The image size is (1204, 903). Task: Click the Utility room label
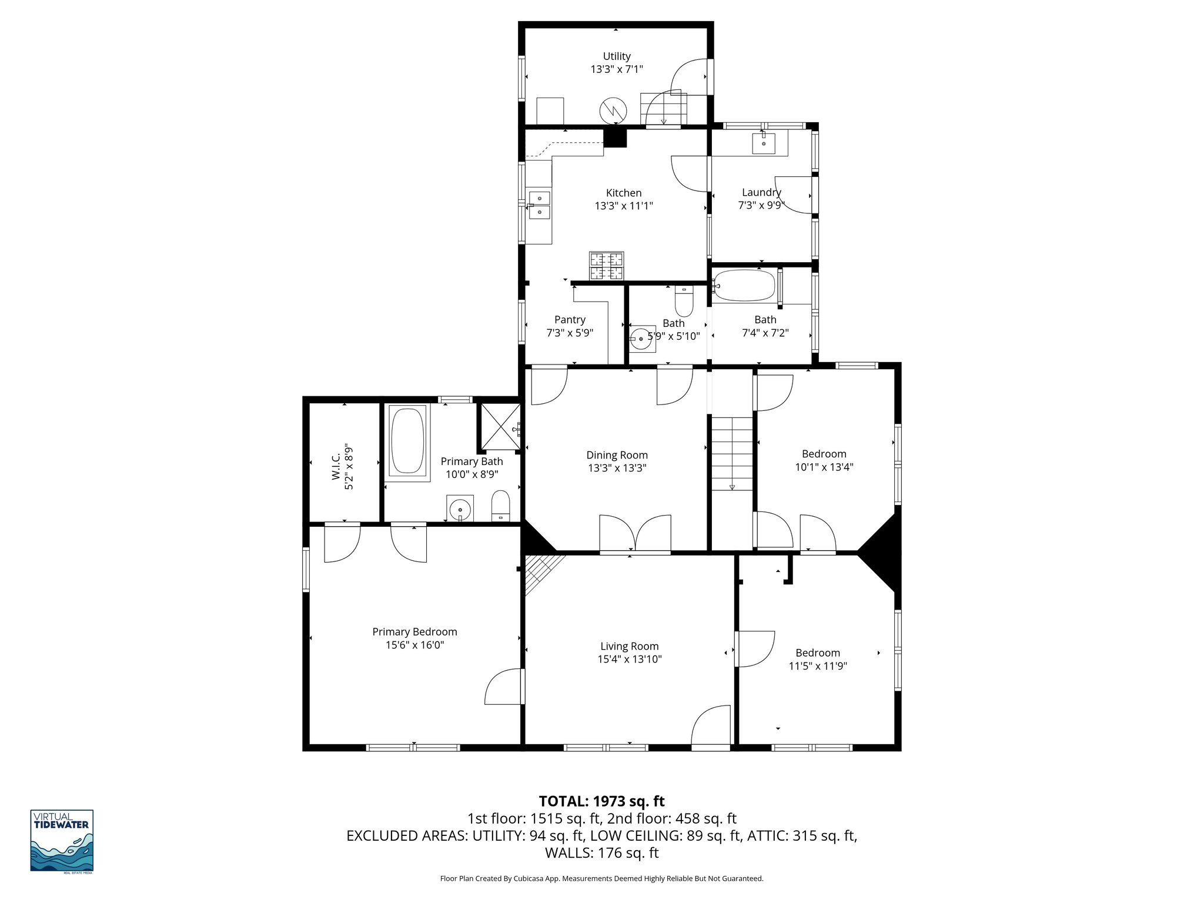(x=617, y=56)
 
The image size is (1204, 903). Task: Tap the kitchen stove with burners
(x=606, y=266)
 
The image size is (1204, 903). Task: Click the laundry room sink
(x=764, y=143)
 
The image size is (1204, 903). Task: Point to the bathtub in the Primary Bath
(x=407, y=441)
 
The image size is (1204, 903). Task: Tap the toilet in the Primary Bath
(x=500, y=506)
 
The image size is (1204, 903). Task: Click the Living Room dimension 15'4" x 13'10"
(x=630, y=659)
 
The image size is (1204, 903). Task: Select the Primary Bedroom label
(x=414, y=631)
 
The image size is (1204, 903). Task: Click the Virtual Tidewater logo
(x=62, y=841)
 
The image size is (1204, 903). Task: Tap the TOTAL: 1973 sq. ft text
(x=601, y=801)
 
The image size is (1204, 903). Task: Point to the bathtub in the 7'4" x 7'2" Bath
(x=744, y=286)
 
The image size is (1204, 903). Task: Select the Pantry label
(x=570, y=319)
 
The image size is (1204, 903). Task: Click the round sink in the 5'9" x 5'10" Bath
(x=639, y=339)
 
